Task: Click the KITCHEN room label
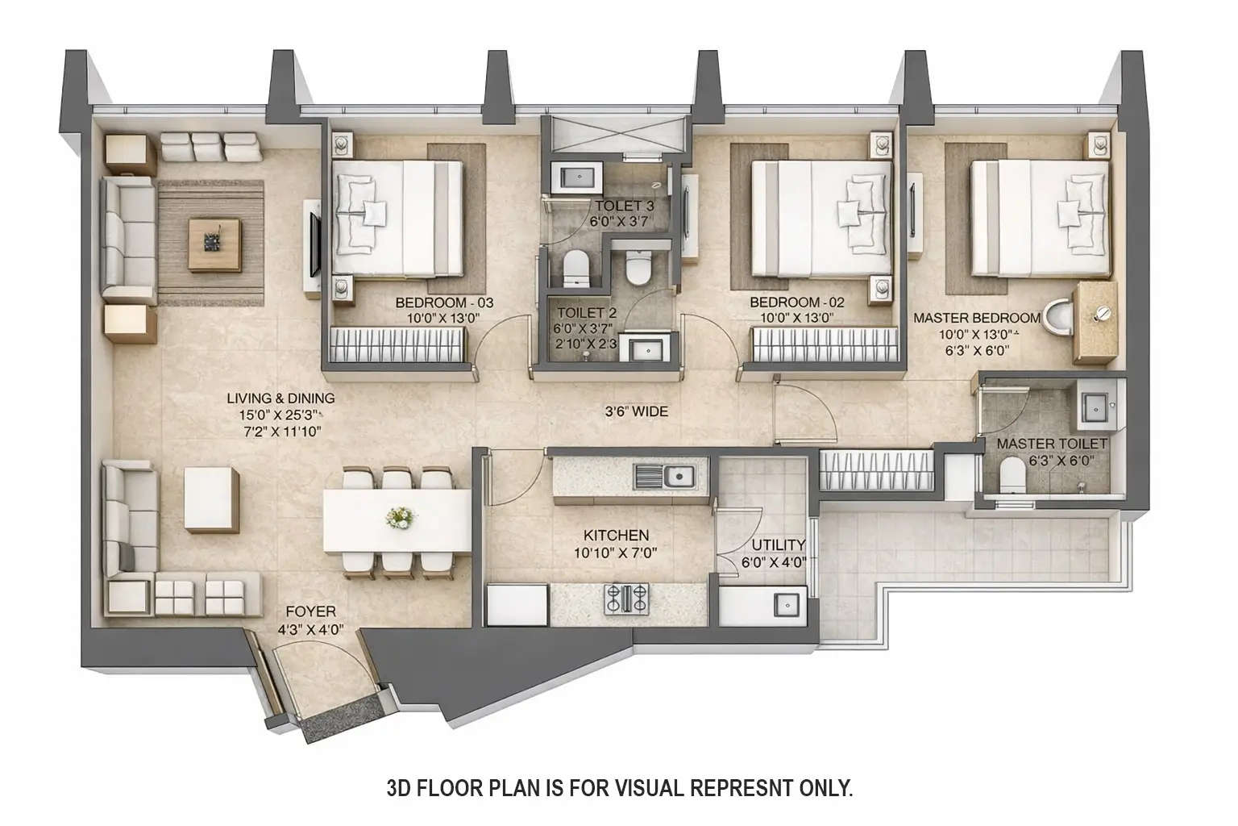point(616,536)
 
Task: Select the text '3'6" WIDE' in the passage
point(637,411)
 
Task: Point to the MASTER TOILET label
point(1052,444)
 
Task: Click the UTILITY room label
point(778,544)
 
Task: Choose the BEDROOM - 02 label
point(796,302)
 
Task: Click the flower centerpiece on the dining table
point(398,517)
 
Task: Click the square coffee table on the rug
point(214,243)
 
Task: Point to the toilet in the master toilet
point(1009,475)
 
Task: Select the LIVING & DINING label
point(280,398)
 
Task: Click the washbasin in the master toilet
point(1092,404)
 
